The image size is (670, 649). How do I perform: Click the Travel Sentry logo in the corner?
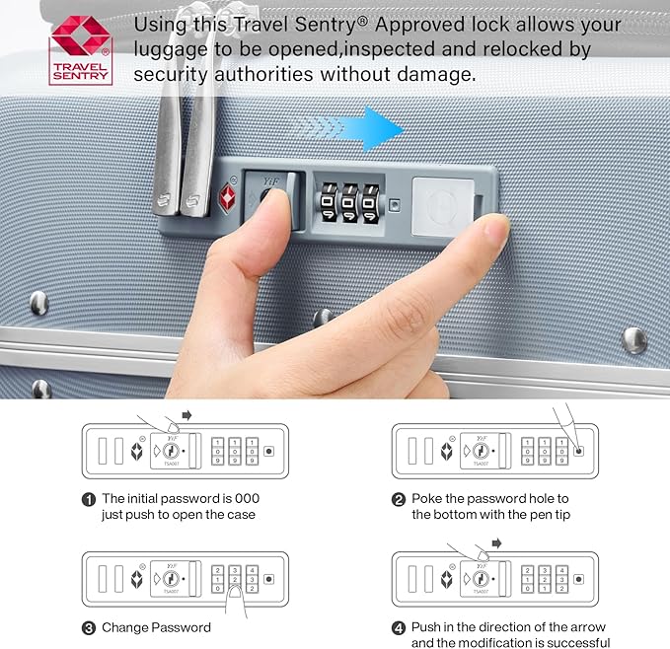(x=80, y=50)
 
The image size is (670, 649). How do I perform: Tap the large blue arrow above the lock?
(x=351, y=129)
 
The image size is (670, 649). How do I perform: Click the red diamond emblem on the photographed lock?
(x=227, y=198)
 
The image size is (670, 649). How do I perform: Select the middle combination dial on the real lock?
(x=350, y=203)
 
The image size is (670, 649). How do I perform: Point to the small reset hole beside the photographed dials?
(x=395, y=205)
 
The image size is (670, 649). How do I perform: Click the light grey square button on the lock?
(x=442, y=207)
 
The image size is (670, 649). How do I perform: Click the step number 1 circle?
(x=89, y=499)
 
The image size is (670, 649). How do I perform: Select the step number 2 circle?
(x=399, y=499)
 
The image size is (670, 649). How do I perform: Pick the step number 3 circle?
(x=89, y=628)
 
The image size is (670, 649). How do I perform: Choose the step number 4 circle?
(x=399, y=628)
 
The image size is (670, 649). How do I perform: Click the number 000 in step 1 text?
(x=247, y=498)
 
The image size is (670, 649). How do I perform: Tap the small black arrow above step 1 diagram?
(x=186, y=415)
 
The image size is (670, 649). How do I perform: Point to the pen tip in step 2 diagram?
(x=577, y=448)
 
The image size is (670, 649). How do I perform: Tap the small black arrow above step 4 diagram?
(x=496, y=543)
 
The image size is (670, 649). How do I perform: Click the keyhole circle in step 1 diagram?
(x=171, y=451)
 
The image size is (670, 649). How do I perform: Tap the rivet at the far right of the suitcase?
(x=634, y=340)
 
